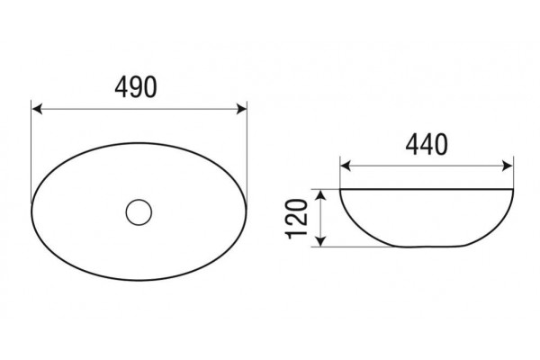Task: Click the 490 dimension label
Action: [x=136, y=87]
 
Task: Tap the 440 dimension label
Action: [x=427, y=144]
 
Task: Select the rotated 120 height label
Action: [x=296, y=219]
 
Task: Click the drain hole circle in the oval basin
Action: [x=139, y=212]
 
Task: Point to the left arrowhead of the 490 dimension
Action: [x=37, y=109]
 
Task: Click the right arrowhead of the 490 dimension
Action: [x=242, y=109]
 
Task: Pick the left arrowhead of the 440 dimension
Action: [x=346, y=166]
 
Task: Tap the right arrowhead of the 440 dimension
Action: [x=508, y=166]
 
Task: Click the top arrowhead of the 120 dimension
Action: [x=320, y=195]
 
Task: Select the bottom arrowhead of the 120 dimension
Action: [x=320, y=241]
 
